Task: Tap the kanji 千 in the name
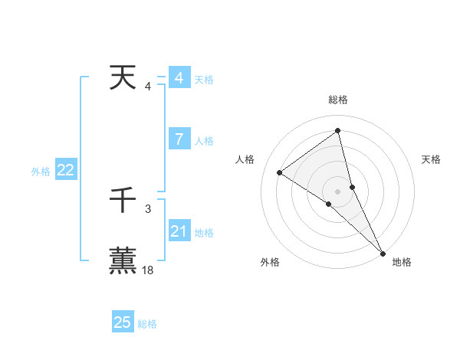coord(123,201)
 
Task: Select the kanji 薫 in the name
coord(123,259)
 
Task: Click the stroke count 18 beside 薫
coord(148,270)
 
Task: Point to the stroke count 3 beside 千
coord(148,208)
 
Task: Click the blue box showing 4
coord(179,78)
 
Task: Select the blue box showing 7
coord(179,139)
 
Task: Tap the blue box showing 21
coord(179,231)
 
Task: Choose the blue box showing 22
coord(65,171)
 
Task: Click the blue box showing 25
coord(123,322)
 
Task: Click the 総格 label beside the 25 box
coord(147,324)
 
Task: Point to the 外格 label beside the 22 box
coord(41,172)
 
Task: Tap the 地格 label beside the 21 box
coord(204,233)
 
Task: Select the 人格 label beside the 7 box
coord(204,141)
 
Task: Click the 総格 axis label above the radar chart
coord(337,100)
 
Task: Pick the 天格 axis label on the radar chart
coord(432,159)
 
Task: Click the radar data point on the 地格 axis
coord(383,253)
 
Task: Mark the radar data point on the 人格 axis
coord(279,172)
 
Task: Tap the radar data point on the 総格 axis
coord(337,131)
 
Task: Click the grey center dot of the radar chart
coord(337,191)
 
